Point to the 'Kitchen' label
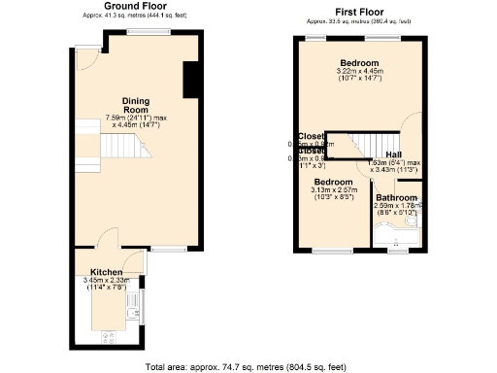click(x=106, y=272)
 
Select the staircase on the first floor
click(x=348, y=146)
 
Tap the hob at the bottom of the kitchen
click(x=108, y=338)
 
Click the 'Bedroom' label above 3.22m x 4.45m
click(x=358, y=61)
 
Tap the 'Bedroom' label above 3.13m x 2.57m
click(x=332, y=182)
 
